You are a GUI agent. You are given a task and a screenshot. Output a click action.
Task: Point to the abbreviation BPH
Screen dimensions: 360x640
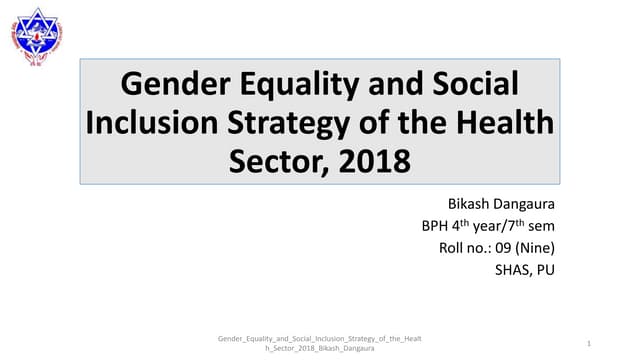(438, 225)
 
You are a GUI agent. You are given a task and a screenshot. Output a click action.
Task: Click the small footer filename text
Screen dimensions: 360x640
(320, 343)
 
